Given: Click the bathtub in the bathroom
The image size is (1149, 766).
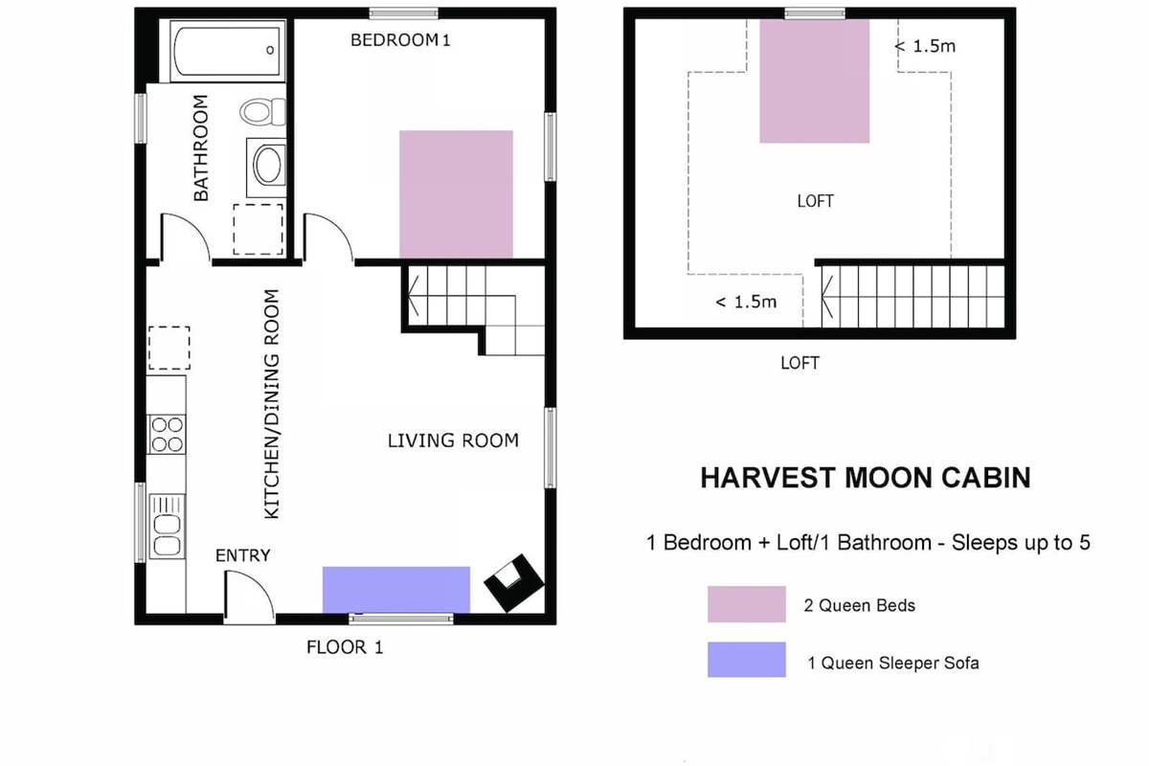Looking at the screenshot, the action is click(227, 51).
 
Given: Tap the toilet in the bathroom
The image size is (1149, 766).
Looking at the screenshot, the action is click(262, 112).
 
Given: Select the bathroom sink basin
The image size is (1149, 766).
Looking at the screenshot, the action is click(267, 165).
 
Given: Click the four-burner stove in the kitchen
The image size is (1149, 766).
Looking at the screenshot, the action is click(167, 434).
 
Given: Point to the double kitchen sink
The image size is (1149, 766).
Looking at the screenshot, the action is click(168, 526).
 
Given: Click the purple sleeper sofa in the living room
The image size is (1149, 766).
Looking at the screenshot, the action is click(396, 590).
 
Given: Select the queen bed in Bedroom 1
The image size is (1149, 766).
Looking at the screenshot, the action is click(456, 194).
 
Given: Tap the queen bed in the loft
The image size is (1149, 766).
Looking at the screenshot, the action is click(815, 81).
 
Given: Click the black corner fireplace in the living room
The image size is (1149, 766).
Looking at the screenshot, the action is click(513, 582).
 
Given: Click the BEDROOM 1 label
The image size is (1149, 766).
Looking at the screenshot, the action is click(400, 40).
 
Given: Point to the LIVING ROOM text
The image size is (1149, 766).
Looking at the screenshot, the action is click(453, 440).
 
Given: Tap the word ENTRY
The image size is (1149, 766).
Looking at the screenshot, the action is click(242, 555).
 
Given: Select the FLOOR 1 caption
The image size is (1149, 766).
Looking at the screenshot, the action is click(345, 647).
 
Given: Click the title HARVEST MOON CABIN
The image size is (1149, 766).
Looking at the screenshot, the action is click(866, 478).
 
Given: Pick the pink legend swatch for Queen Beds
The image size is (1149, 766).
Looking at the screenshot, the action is click(746, 604).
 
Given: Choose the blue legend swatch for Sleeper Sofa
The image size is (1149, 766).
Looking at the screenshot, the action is click(746, 660).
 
